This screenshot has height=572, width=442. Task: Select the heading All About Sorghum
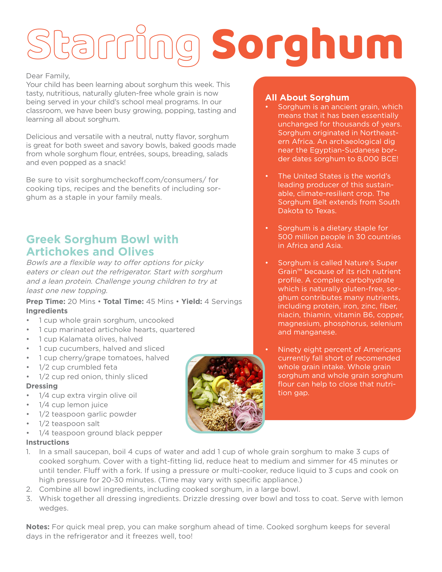307,97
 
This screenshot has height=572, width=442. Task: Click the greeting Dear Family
48,76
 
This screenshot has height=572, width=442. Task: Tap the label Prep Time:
45,301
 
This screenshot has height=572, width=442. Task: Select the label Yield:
192,301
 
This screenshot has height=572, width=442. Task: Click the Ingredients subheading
47,311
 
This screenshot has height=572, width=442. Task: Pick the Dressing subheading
42,386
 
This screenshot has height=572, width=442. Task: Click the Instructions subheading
48,442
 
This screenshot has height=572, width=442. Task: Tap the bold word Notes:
38,527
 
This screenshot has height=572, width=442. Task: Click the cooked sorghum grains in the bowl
216,417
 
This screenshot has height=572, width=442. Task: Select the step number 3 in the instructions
29,499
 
